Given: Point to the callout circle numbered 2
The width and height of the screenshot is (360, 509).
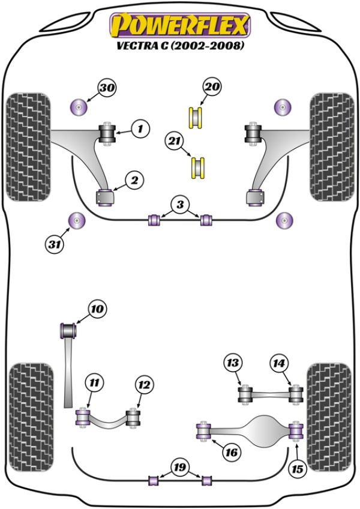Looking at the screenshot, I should pos(134,179).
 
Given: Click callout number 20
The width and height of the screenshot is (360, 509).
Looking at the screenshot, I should pos(211,88).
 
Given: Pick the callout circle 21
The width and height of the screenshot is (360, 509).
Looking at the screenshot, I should pos(174,142).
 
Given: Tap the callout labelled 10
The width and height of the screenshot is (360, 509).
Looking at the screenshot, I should pos(97,310).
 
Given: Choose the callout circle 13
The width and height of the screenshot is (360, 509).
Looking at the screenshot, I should pos(232,363).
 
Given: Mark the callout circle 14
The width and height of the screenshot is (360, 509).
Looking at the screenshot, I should pos(279,363).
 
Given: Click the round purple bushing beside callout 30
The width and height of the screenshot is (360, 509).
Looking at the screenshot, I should pos(79,108).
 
